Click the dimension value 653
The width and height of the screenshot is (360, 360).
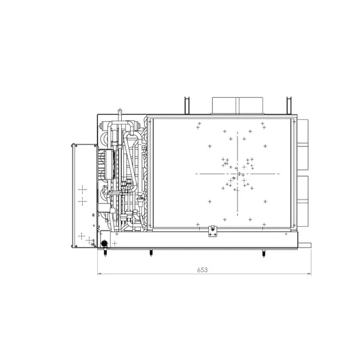click(202, 269)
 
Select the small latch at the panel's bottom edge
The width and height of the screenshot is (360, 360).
click(213, 231)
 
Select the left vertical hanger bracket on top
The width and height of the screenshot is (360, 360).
click(186, 105)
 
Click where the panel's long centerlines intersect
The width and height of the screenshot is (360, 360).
click(238, 173)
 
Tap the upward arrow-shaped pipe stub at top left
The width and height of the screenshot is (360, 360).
click(118, 117)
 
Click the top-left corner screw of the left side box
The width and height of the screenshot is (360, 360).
click(73, 147)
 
